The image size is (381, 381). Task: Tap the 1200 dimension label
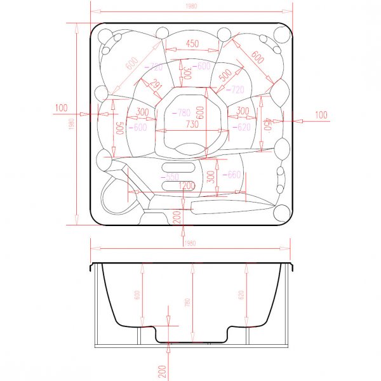(x=186, y=185)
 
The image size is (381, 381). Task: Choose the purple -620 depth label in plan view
(x=242, y=127)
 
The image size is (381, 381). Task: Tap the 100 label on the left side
(x=61, y=108)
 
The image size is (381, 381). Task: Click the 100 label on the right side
(x=321, y=114)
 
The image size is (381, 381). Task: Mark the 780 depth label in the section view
(x=187, y=303)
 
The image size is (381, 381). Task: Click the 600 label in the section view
(x=135, y=295)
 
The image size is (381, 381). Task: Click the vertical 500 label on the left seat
(x=118, y=127)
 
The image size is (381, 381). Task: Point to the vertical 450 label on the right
(x=268, y=124)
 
